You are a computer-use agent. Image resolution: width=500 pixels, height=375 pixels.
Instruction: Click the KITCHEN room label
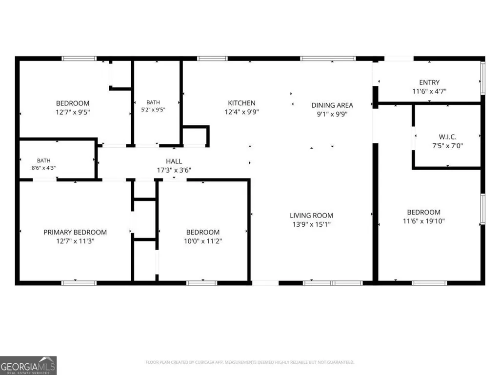pos(241,103)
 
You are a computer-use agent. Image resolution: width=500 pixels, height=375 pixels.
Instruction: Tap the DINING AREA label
pos(332,105)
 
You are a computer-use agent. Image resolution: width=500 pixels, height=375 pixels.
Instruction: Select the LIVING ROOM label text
pos(311,216)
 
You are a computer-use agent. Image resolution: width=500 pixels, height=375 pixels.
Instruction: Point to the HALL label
pos(174,161)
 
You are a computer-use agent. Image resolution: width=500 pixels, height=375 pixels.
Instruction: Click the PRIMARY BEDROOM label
pos(75,232)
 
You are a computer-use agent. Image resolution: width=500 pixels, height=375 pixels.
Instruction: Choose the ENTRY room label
pos(429,82)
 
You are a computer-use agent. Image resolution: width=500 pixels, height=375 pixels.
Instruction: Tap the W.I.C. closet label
pos(447,137)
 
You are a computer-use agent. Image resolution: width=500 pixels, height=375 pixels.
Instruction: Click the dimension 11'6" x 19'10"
pos(423,221)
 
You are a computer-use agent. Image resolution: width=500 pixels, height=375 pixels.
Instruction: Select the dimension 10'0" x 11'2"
pos(203,241)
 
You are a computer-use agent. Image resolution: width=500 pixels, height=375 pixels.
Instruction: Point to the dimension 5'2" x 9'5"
pos(153,109)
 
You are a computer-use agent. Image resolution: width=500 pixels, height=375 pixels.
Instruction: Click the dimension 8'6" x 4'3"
pos(43,168)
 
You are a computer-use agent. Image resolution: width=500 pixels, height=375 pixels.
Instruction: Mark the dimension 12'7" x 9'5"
pos(73,112)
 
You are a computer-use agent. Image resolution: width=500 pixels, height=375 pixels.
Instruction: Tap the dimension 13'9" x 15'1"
pos(311,224)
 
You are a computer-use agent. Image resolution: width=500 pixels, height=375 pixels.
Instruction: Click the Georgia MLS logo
pos(28,365)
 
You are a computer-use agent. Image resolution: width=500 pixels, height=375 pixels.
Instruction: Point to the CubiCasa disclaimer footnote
pos(250,362)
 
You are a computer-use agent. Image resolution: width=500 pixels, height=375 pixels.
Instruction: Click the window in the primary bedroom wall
pos(79,283)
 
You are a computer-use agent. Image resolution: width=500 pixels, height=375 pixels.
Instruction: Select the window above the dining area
pos(328,59)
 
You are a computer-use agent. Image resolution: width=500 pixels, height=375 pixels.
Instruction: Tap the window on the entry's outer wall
pos(483,78)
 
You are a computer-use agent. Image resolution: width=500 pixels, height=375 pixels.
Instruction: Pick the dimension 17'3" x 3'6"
pos(174,170)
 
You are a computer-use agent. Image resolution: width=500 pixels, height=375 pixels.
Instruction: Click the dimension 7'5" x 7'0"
pos(447,146)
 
